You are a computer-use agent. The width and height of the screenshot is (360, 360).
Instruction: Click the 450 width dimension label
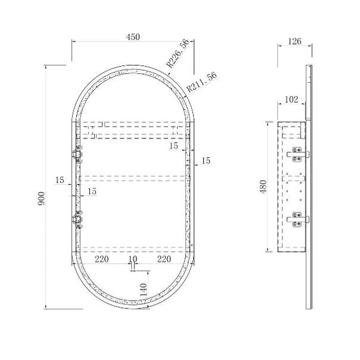133,37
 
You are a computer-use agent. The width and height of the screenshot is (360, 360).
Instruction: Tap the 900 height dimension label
41,199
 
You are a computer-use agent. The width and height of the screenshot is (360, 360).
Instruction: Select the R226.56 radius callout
178,53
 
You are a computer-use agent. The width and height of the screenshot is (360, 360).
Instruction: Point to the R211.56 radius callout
202,82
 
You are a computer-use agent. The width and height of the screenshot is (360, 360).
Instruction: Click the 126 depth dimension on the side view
295,41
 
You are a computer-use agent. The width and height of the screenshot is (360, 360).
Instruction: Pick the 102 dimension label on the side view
292,100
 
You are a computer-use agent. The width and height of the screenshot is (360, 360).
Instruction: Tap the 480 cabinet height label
263,187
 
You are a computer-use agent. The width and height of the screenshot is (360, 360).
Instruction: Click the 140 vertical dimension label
143,290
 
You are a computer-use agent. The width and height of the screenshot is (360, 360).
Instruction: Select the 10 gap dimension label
133,259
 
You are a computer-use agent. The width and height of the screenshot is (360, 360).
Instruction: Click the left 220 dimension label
102,259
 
